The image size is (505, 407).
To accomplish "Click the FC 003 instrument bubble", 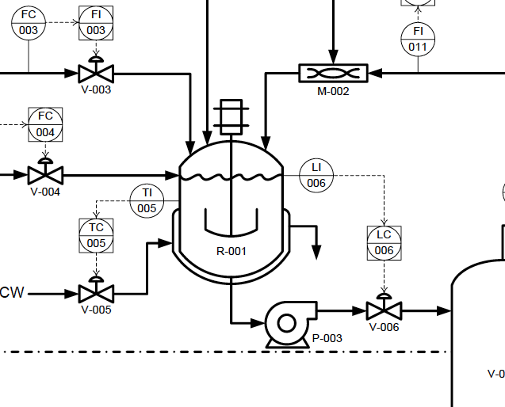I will click(x=29, y=22).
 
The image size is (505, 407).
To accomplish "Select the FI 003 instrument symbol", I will click(x=96, y=22).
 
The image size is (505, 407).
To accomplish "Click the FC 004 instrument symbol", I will click(x=45, y=124).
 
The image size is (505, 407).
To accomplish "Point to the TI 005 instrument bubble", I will click(x=147, y=200).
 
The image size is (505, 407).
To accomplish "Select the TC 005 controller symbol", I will click(x=96, y=235).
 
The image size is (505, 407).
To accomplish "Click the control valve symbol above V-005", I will click(x=96, y=291).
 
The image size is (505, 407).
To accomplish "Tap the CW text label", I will click(x=12, y=293).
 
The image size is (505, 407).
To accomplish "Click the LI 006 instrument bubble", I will click(x=316, y=175).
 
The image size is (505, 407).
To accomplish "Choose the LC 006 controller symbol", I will click(x=384, y=242).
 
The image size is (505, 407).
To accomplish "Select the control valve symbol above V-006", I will click(x=384, y=309).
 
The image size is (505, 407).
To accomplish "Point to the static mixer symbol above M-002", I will click(x=333, y=74).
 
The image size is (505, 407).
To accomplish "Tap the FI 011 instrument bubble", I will click(x=418, y=39).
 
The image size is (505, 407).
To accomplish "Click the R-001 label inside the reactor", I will click(x=231, y=251).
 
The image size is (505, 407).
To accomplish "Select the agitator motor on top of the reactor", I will click(x=231, y=116).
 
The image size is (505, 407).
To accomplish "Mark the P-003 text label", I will click(x=327, y=338).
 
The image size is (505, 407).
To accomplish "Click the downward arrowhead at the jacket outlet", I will click(x=317, y=252).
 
